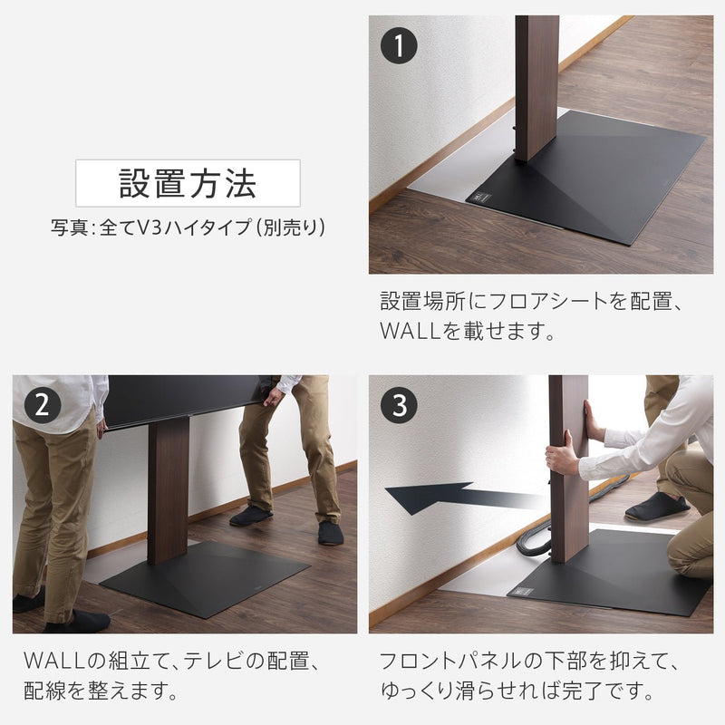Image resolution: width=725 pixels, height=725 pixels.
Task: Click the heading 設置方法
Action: pyautogui.click(x=188, y=183)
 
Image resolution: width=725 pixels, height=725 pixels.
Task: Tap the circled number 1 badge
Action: pyautogui.click(x=399, y=44)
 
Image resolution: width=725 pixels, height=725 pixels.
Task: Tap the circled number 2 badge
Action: pyautogui.click(x=42, y=405)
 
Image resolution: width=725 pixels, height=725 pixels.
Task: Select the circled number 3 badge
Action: pyautogui.click(x=399, y=405)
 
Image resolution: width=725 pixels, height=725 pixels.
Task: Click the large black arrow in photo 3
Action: pyautogui.click(x=453, y=497)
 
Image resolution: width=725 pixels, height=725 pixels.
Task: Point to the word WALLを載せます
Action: pyautogui.click(x=467, y=332)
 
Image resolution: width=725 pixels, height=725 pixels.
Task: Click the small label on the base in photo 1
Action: pyautogui.click(x=478, y=195)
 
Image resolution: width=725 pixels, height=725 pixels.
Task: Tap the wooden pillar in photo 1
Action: pyautogui.click(x=536, y=86)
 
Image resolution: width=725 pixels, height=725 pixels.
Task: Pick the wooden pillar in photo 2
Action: pyautogui.click(x=168, y=489)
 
